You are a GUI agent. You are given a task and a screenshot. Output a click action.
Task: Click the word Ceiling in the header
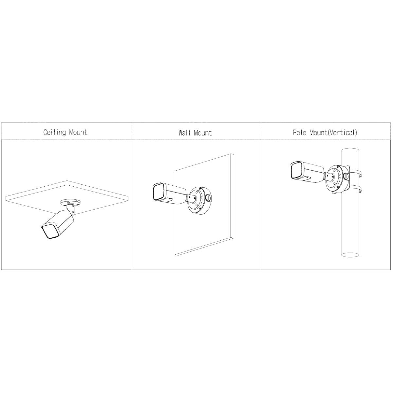point(55,133)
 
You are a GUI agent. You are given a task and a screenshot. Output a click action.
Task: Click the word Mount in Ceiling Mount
point(78,132)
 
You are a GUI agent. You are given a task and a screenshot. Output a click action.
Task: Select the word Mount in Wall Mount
point(203,133)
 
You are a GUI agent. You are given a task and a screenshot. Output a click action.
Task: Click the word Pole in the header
point(300,133)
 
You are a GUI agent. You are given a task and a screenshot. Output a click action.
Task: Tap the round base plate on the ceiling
point(70,202)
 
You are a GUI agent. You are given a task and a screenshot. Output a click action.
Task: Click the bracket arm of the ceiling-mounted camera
point(71,210)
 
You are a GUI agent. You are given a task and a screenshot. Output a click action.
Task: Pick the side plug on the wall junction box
point(208,197)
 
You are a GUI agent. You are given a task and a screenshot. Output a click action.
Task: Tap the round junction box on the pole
point(338,179)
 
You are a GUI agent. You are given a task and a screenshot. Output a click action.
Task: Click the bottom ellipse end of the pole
point(350,254)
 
